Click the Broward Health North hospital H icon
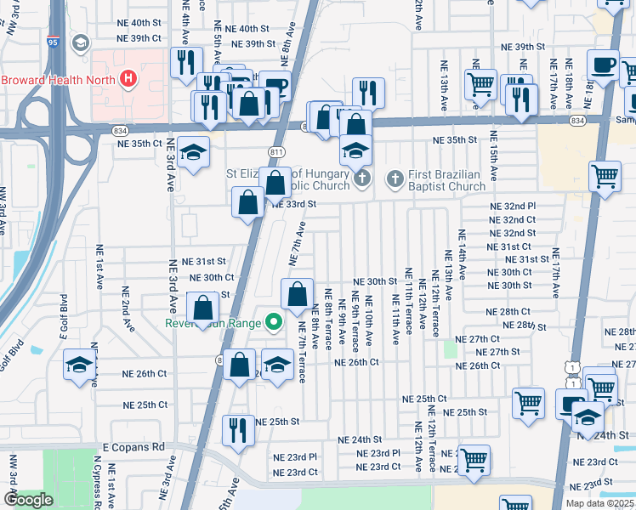click(128, 80)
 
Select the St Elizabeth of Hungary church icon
click(363, 178)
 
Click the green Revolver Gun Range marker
click(273, 322)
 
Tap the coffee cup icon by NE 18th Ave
click(604, 65)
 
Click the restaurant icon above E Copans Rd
click(238, 428)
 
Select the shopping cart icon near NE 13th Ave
click(481, 84)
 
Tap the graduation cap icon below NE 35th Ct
click(194, 152)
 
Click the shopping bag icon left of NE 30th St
click(297, 294)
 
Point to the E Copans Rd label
click(133, 446)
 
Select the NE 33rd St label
click(294, 204)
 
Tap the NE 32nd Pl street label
click(513, 207)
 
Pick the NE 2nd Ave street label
click(126, 310)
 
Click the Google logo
click(28, 500)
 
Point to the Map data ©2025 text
click(600, 503)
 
